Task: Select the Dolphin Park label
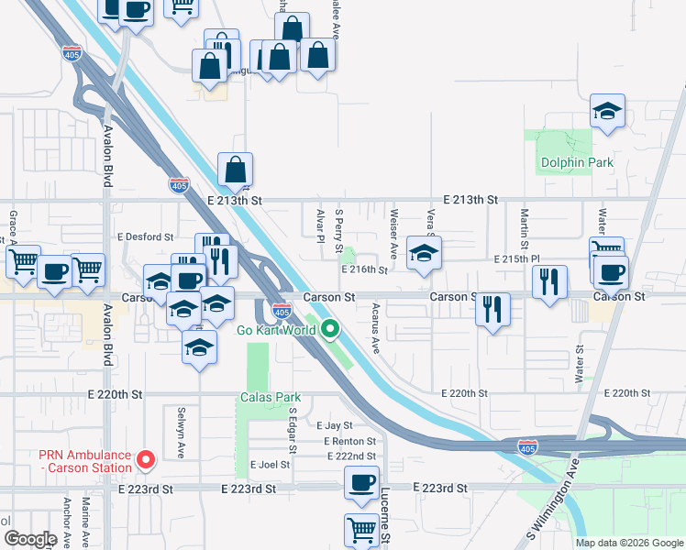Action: click(576, 163)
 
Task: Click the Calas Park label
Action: click(271, 397)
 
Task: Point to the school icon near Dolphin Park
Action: click(606, 112)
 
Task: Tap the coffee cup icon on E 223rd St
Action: click(361, 481)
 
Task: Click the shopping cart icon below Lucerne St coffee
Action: click(361, 529)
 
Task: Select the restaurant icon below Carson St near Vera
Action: click(493, 309)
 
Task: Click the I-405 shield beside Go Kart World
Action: click(282, 313)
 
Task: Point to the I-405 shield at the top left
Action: click(72, 54)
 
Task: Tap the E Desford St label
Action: click(144, 236)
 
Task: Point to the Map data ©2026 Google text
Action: click(628, 543)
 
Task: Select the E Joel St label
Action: click(270, 465)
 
